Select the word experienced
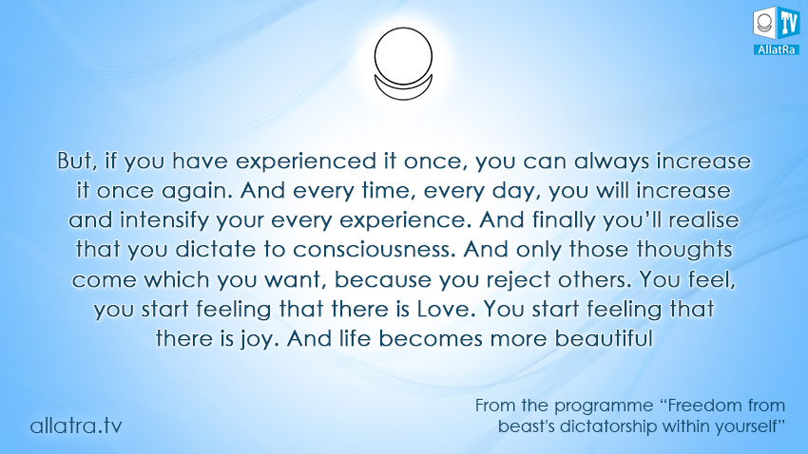tap(306, 162)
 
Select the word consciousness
tap(375, 250)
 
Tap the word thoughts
tap(683, 251)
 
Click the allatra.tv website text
tap(76, 426)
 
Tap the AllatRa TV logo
tap(776, 30)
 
